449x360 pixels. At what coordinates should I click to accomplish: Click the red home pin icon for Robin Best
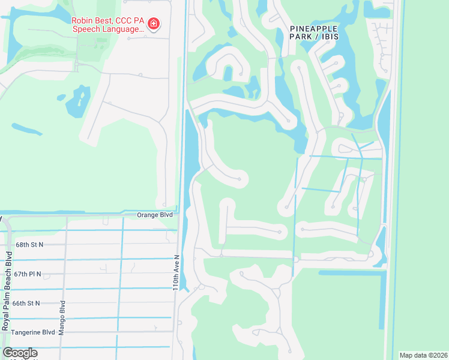pos(154,24)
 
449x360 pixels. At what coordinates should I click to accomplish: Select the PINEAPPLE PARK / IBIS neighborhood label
pos(314,32)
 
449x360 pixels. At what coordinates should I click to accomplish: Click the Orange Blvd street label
pos(155,215)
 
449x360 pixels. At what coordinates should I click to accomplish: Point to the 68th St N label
pos(31,245)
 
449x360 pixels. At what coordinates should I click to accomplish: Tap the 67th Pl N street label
pos(28,274)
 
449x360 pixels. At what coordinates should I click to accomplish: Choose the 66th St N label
pos(28,303)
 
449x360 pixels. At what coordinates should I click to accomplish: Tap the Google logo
pos(20,353)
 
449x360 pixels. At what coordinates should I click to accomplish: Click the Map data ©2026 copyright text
pos(423,355)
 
